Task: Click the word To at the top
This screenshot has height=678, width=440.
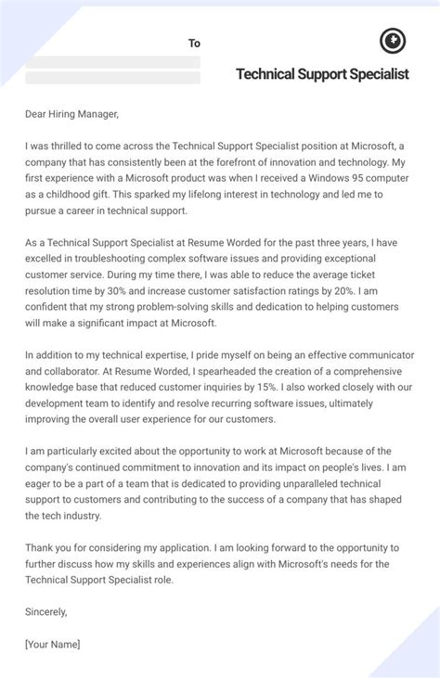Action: [x=194, y=43]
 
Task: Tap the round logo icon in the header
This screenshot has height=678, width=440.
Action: [x=393, y=41]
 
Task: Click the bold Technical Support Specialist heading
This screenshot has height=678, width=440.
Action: [x=322, y=73]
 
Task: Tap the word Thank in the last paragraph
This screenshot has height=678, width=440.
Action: [x=42, y=547]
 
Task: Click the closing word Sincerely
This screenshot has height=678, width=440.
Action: [x=51, y=611]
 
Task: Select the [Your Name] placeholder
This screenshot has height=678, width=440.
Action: [x=53, y=644]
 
